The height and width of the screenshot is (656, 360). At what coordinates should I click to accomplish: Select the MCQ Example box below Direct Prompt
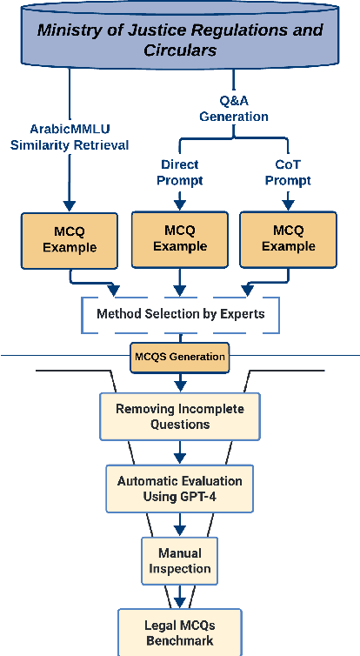click(x=181, y=238)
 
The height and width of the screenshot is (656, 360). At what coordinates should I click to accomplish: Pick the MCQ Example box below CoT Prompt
click(x=289, y=238)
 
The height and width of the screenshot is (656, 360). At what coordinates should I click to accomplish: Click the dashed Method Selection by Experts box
click(x=181, y=314)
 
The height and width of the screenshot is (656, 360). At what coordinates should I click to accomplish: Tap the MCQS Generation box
click(x=180, y=356)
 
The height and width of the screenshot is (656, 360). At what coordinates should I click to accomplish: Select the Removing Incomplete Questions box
click(x=180, y=416)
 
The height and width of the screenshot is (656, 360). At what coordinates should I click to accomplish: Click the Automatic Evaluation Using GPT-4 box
click(x=180, y=488)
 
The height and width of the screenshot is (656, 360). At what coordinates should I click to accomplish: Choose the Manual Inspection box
click(x=179, y=560)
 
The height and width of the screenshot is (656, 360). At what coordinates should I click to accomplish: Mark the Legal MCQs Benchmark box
click(x=180, y=633)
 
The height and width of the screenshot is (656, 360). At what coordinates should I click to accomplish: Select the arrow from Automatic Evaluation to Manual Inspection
click(x=180, y=524)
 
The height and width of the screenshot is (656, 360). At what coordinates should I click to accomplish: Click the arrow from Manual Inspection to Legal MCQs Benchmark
click(x=180, y=596)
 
